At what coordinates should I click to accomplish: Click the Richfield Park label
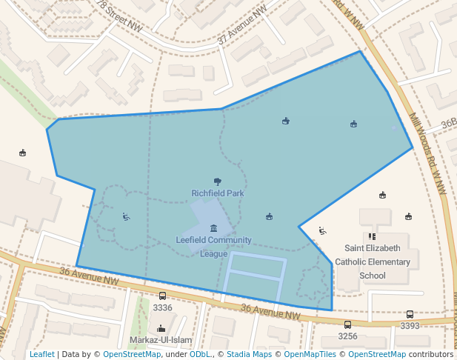[x=218, y=193]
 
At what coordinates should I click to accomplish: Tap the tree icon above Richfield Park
[x=218, y=181]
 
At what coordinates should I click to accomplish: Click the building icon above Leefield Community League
[x=213, y=227]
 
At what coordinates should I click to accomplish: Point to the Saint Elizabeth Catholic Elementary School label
[x=373, y=261]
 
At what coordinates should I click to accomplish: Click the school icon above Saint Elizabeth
[x=372, y=236]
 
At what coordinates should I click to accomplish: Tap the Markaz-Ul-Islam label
[x=161, y=340]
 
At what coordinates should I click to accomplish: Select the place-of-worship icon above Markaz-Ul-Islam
[x=161, y=328]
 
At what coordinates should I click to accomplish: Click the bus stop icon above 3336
[x=162, y=296]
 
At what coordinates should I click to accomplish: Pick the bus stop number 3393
[x=410, y=326]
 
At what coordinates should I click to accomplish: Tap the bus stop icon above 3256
[x=347, y=324]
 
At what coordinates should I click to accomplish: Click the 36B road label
[x=448, y=124]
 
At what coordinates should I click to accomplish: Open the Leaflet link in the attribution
[x=41, y=354]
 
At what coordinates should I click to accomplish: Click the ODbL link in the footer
[x=199, y=354]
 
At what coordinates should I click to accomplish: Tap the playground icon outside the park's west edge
[x=23, y=153]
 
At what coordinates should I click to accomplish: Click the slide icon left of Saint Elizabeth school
[x=321, y=230]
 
